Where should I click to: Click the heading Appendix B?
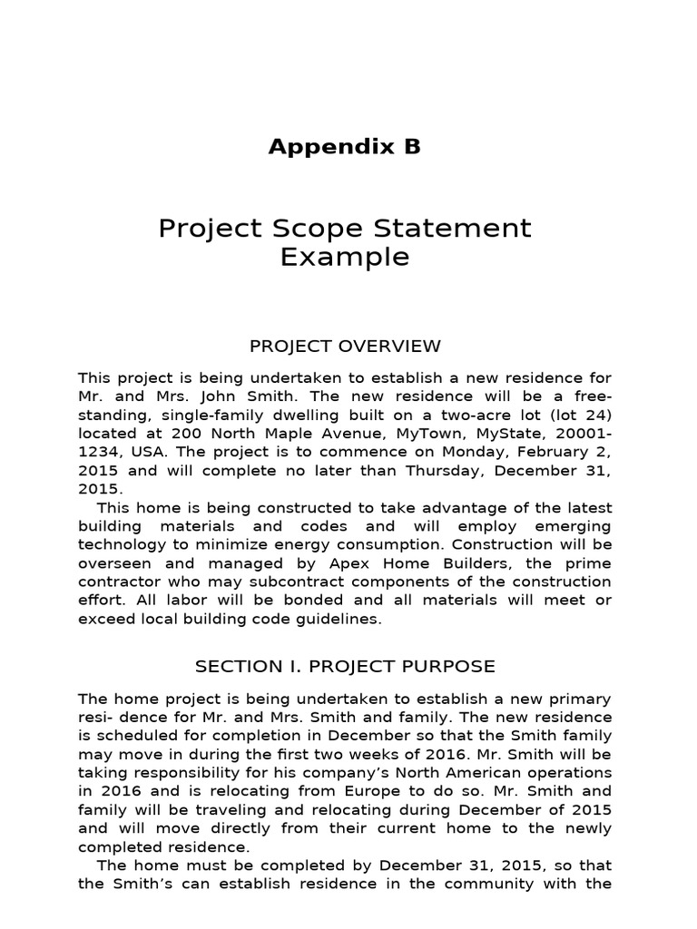[x=344, y=147]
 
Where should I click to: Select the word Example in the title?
[x=344, y=258]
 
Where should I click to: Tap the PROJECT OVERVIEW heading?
[x=345, y=346]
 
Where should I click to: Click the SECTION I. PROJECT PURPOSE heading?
[x=345, y=667]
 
